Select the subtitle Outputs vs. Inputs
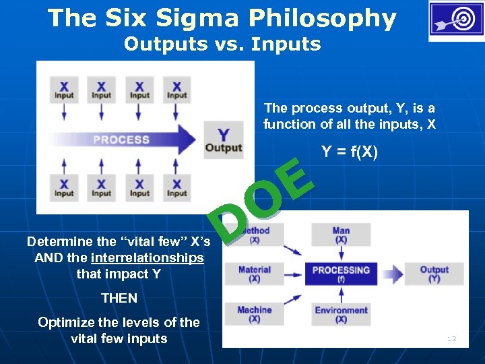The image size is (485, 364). coord(222,44)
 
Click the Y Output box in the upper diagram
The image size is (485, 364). coord(224,140)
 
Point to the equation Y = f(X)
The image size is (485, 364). coord(350,152)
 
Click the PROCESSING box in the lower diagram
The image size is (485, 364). coord(342,273)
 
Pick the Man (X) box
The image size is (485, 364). coord(341,235)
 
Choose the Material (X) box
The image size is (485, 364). coord(255,273)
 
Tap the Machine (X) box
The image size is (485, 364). coord(255,313)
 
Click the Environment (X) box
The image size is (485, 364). coord(341,314)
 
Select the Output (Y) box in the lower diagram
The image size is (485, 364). coord(434,273)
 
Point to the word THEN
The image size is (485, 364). coord(119,298)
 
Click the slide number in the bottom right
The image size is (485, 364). coord(451,338)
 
